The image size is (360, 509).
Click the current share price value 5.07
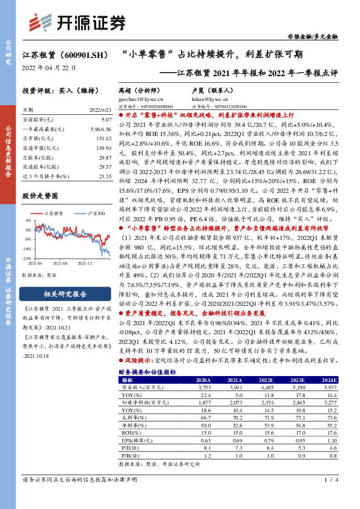106,120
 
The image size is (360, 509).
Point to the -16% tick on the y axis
27,249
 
